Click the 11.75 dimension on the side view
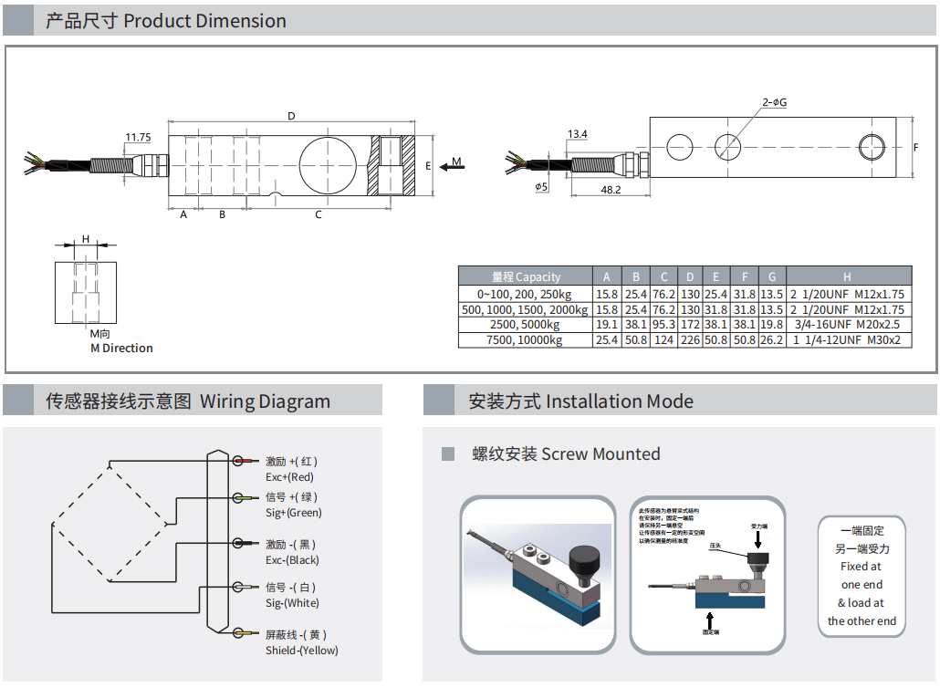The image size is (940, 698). (x=138, y=138)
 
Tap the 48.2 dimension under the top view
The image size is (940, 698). (x=611, y=190)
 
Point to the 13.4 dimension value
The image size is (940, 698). (x=577, y=134)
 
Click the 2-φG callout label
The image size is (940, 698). (x=774, y=102)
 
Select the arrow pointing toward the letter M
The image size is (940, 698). (x=447, y=166)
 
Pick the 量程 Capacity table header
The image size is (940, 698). (x=526, y=276)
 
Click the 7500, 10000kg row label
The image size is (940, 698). (x=526, y=340)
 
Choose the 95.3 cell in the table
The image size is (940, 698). (x=663, y=325)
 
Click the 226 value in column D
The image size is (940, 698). (x=690, y=340)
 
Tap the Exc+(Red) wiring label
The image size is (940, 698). (x=289, y=477)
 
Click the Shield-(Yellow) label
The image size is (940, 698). (x=301, y=651)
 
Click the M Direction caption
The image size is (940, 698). (x=121, y=349)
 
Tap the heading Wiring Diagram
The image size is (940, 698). (x=265, y=401)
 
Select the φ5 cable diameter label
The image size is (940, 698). (x=541, y=187)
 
